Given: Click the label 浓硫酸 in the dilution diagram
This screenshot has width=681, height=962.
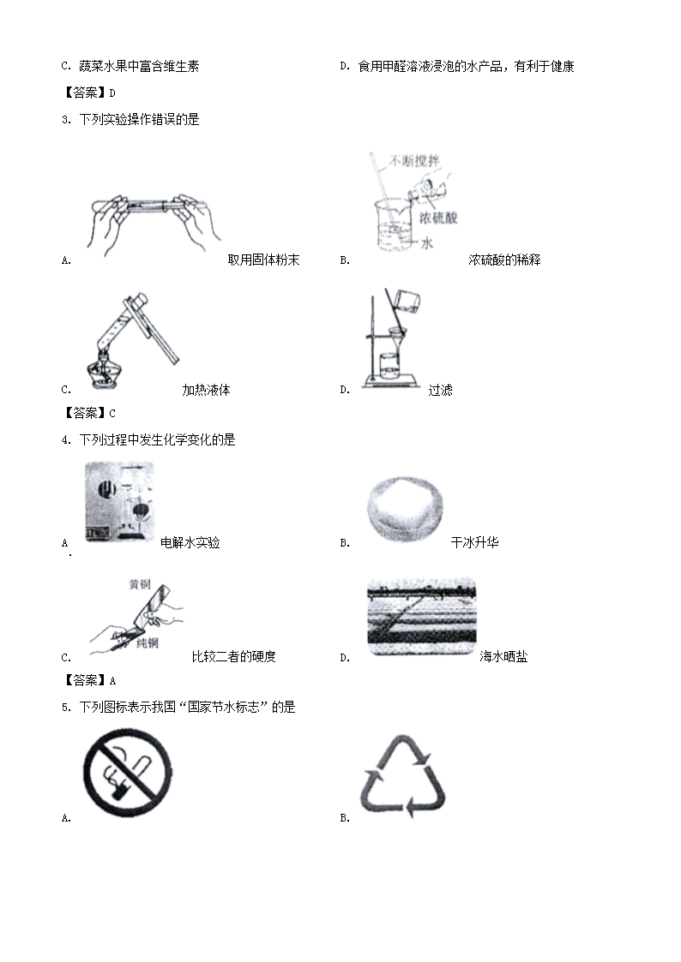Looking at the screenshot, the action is [438, 218].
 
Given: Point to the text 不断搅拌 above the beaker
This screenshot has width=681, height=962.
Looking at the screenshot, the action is [414, 161].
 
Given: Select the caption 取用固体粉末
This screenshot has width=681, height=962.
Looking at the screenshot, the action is [263, 260].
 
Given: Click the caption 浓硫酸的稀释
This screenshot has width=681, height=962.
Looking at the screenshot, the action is [504, 260].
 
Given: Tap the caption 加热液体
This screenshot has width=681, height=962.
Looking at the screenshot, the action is [206, 390].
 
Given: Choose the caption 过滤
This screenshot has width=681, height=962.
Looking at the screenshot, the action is [440, 390].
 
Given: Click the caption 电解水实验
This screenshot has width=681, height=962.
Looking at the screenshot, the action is [190, 542].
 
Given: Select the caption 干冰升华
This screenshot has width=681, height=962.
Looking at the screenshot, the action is [474, 542].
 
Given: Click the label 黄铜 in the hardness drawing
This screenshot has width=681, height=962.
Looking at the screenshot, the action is [140, 584].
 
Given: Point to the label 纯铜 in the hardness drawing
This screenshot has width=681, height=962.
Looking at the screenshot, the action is [148, 642].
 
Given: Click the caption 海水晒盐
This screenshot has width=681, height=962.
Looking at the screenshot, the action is [503, 656].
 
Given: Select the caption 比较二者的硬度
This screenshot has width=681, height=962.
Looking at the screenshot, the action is [234, 656].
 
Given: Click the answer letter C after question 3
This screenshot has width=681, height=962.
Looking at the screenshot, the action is [112, 414].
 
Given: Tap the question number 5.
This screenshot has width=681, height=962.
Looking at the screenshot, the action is [66, 708].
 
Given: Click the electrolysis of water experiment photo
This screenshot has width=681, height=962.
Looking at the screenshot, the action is [119, 502].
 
